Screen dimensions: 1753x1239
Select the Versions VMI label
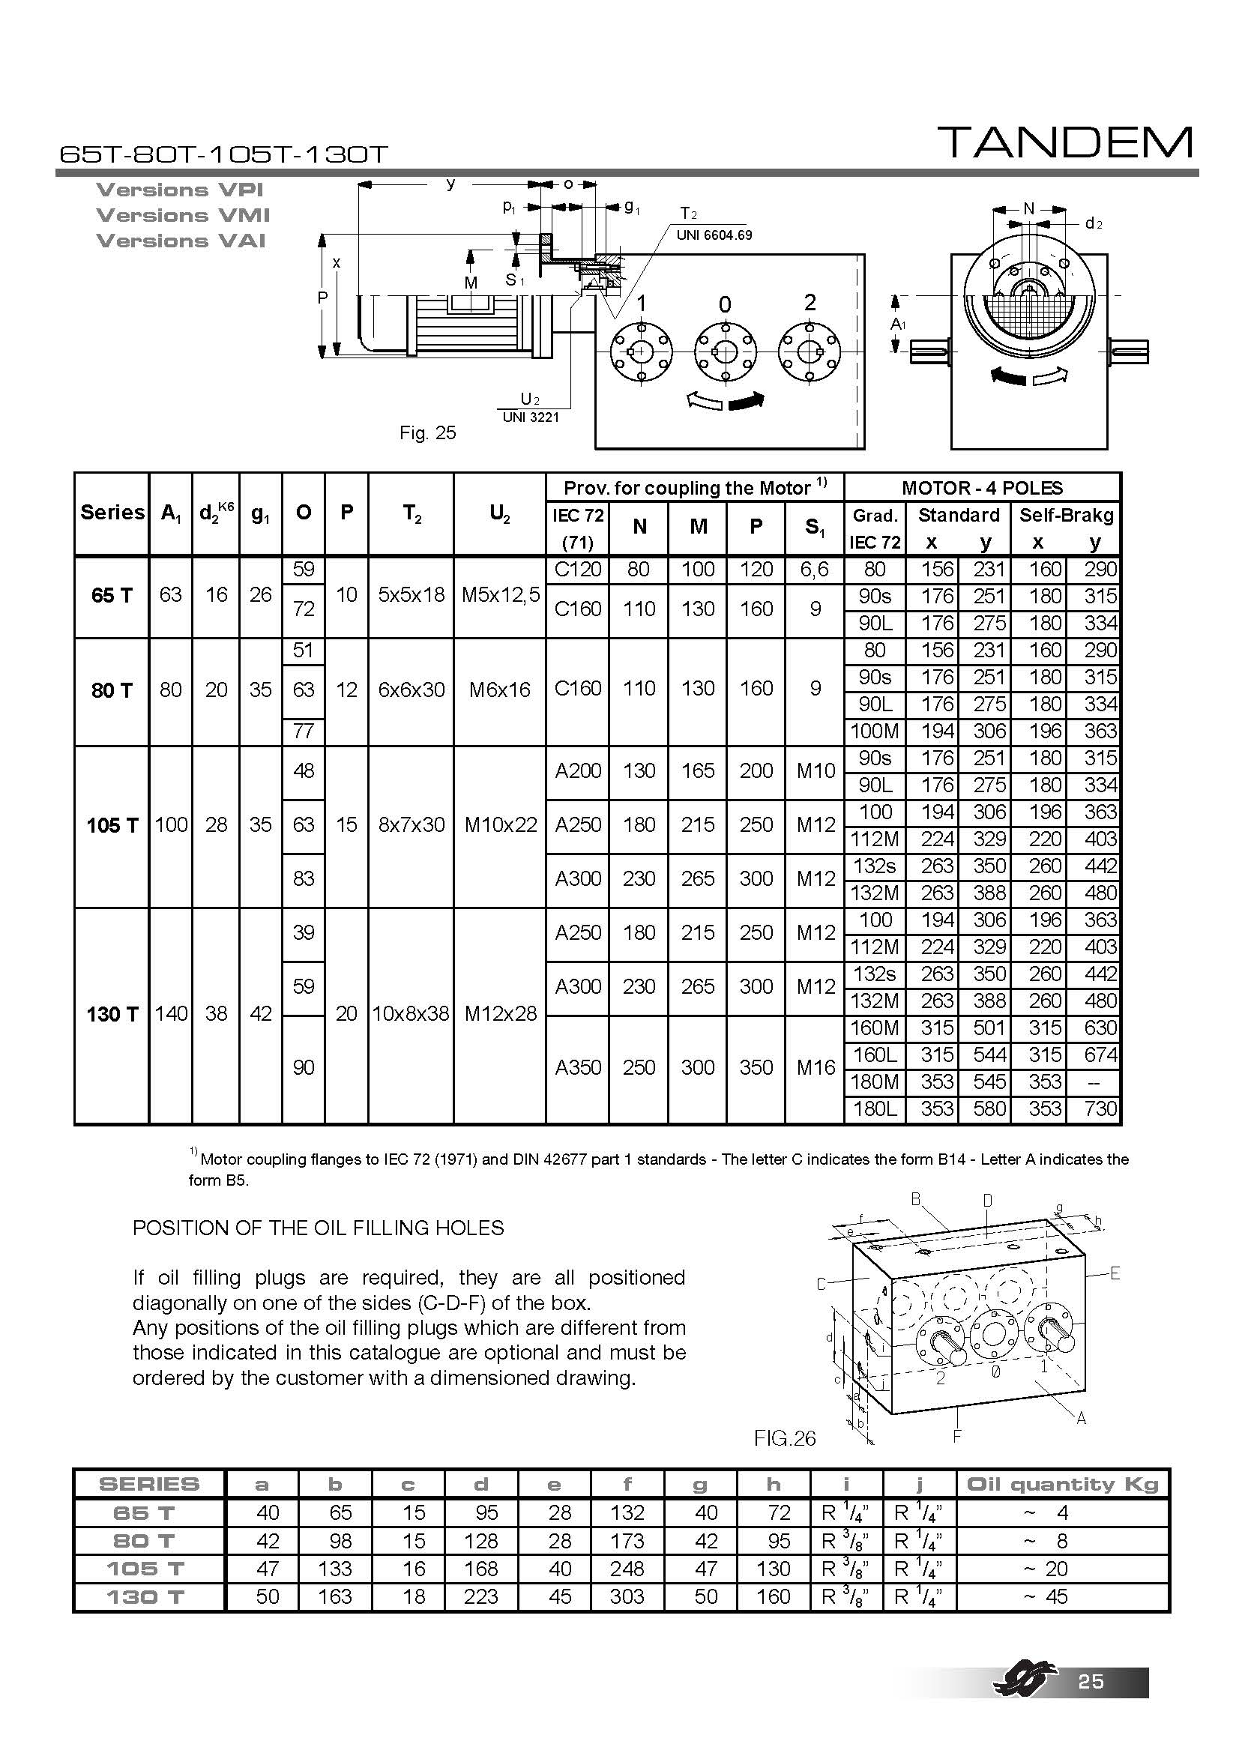point(182,215)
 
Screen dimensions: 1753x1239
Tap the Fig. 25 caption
point(427,433)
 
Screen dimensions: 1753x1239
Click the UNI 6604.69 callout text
point(714,235)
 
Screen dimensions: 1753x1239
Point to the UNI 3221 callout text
point(531,417)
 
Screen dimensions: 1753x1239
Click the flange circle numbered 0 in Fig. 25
point(725,351)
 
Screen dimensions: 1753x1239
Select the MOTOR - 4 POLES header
point(982,487)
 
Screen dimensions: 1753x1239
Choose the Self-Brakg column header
point(1066,515)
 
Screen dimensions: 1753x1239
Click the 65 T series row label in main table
point(112,596)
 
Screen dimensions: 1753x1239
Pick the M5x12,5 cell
point(500,595)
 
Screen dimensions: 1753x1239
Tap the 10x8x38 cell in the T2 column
point(411,1013)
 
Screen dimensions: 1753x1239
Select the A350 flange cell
point(578,1067)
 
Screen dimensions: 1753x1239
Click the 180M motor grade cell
point(875,1081)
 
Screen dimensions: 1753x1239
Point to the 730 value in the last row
point(1100,1108)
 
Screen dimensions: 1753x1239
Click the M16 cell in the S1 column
point(816,1067)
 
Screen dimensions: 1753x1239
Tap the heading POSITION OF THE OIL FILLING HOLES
point(319,1228)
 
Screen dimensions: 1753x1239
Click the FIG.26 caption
point(784,1438)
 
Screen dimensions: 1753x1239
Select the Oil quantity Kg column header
point(1062,1484)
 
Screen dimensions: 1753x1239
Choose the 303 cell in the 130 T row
point(627,1596)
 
